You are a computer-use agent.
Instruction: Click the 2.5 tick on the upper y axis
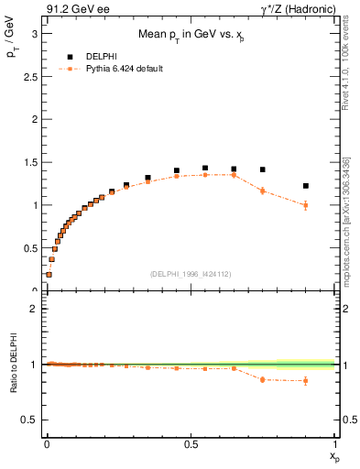coord(30,76)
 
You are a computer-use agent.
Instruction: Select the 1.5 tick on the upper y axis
coord(30,162)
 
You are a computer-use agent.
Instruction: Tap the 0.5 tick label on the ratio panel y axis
coord(30,420)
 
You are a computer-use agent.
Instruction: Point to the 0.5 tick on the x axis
coord(191,444)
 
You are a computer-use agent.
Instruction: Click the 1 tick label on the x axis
coord(335,444)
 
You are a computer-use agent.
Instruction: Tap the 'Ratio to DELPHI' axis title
coord(12,365)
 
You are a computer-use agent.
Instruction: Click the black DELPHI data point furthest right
coord(306,186)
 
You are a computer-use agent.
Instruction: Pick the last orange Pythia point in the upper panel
coord(306,205)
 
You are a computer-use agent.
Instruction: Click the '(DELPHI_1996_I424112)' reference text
coord(191,273)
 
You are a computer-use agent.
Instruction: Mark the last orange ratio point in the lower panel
coord(306,380)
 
